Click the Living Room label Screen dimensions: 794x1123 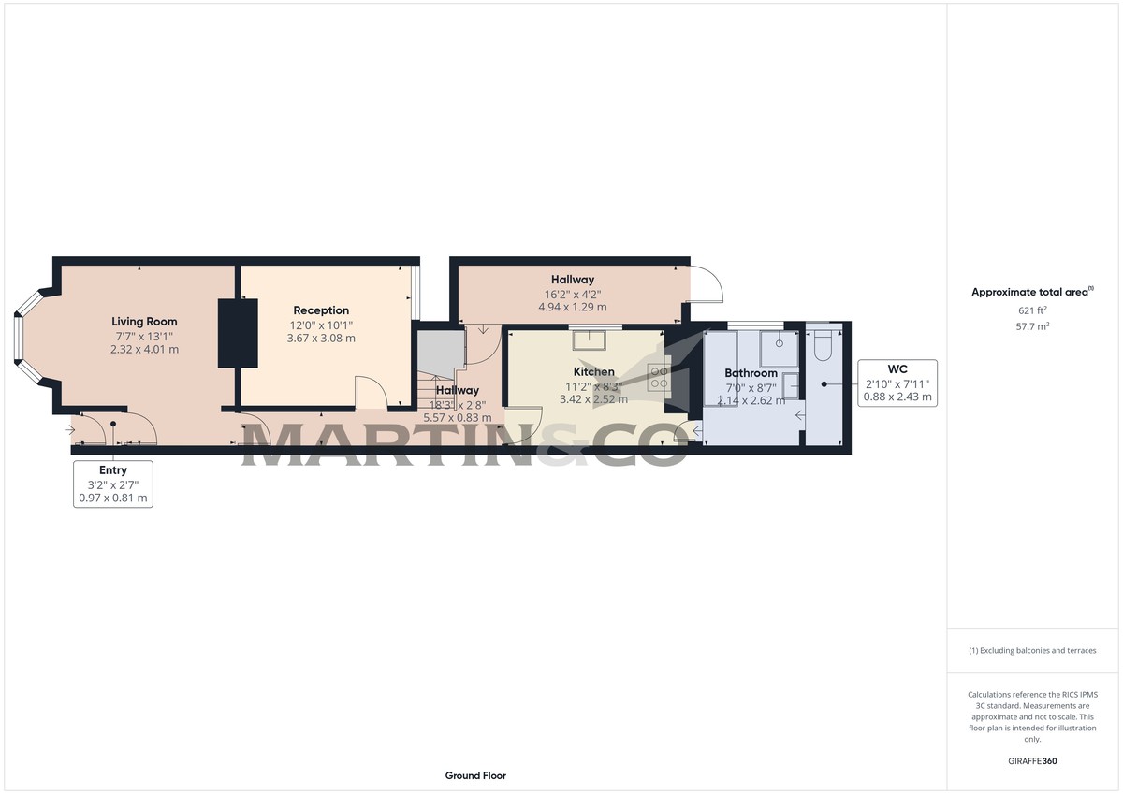[144, 322]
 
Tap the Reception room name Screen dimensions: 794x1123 [321, 310]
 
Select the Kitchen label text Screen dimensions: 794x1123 [594, 372]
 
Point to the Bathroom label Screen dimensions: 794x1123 [751, 373]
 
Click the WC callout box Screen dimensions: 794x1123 [897, 383]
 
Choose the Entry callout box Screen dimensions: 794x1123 [113, 484]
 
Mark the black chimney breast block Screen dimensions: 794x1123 [238, 333]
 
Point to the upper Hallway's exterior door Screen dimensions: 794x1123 [707, 284]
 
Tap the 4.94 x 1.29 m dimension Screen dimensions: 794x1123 [572, 307]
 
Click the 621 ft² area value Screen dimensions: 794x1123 [1032, 310]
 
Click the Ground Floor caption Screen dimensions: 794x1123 [475, 775]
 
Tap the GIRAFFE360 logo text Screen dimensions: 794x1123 [1032, 761]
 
